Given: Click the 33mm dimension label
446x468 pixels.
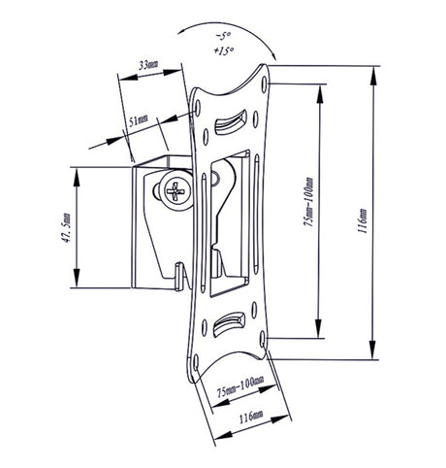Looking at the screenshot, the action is point(148,64).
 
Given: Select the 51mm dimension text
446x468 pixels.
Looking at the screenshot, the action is point(139,119).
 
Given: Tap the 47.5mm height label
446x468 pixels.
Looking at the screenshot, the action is point(66,227).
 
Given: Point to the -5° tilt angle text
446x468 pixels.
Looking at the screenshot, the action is point(222,36).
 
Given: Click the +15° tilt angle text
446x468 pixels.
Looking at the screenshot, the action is point(223,50).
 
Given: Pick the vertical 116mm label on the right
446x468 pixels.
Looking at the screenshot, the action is point(363,220).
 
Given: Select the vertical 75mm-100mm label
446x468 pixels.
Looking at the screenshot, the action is point(309,201).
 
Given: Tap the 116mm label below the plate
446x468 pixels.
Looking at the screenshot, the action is point(251,417).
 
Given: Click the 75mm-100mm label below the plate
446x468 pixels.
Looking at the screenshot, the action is point(239,386).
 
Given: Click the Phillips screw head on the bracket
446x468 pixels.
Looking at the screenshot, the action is point(176,190).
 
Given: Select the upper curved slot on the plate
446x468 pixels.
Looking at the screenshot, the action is point(231,122).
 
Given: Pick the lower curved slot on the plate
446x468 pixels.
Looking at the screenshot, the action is point(229,324).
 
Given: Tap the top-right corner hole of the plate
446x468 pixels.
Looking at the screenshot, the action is point(265,84).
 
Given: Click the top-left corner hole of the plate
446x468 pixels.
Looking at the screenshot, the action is point(198,108).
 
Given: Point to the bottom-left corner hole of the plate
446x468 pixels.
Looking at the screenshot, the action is point(196,362).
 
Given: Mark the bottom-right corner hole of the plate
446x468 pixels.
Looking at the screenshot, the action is point(263,339).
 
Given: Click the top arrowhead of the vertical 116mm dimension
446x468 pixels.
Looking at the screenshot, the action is point(373,77).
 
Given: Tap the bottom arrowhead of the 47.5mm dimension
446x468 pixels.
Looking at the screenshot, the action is point(77,277).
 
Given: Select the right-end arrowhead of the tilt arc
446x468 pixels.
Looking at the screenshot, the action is point(272,55).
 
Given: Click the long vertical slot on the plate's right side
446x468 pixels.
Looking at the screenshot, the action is point(256,214).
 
